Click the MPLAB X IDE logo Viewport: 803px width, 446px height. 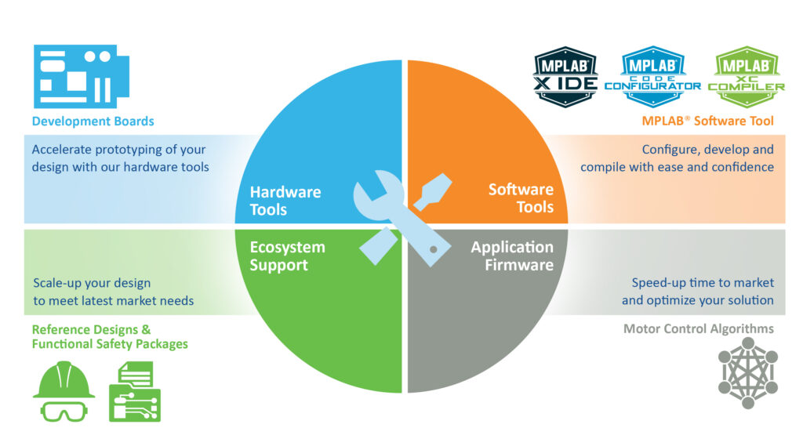click(x=565, y=77)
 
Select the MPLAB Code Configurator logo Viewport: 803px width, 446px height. click(x=652, y=77)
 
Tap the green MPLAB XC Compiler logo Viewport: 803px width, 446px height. click(x=746, y=77)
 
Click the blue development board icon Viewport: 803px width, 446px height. click(x=74, y=76)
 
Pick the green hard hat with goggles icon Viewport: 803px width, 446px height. click(x=64, y=392)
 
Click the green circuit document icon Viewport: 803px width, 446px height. click(x=134, y=392)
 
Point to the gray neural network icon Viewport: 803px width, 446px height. click(x=747, y=373)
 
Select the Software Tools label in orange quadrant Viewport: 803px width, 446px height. click(x=521, y=198)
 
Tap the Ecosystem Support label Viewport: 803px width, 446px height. click(x=286, y=256)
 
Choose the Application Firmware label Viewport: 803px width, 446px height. click(x=512, y=256)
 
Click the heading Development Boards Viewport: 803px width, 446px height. click(x=93, y=121)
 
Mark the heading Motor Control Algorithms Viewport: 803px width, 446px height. click(x=698, y=328)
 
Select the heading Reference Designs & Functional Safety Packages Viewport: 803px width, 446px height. click(x=109, y=336)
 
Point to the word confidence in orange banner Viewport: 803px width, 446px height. click(x=743, y=167)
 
